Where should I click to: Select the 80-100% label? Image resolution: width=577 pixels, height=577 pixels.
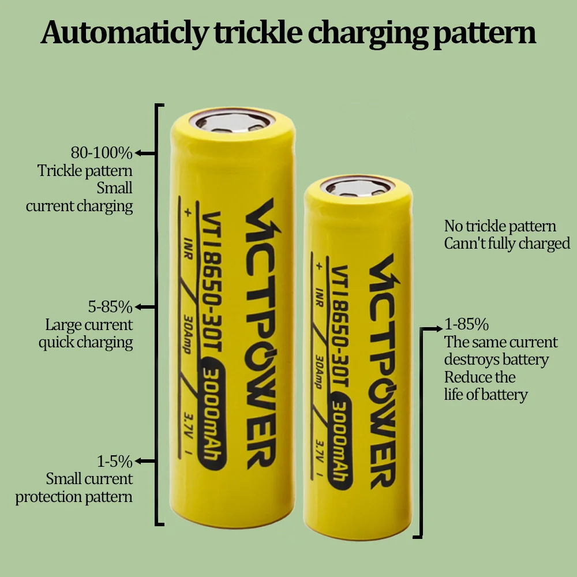point(102,153)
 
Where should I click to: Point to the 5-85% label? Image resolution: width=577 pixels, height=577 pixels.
point(110,307)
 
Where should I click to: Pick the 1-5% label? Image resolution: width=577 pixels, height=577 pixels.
point(115,461)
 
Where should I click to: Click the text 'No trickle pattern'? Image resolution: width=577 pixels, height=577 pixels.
point(500,226)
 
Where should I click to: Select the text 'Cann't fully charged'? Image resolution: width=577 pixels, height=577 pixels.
point(507,243)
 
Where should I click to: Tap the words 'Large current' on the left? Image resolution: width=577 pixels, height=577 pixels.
point(89,325)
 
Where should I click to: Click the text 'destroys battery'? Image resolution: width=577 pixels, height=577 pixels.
point(496,360)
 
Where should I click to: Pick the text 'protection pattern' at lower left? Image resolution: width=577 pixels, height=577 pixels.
point(74,497)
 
